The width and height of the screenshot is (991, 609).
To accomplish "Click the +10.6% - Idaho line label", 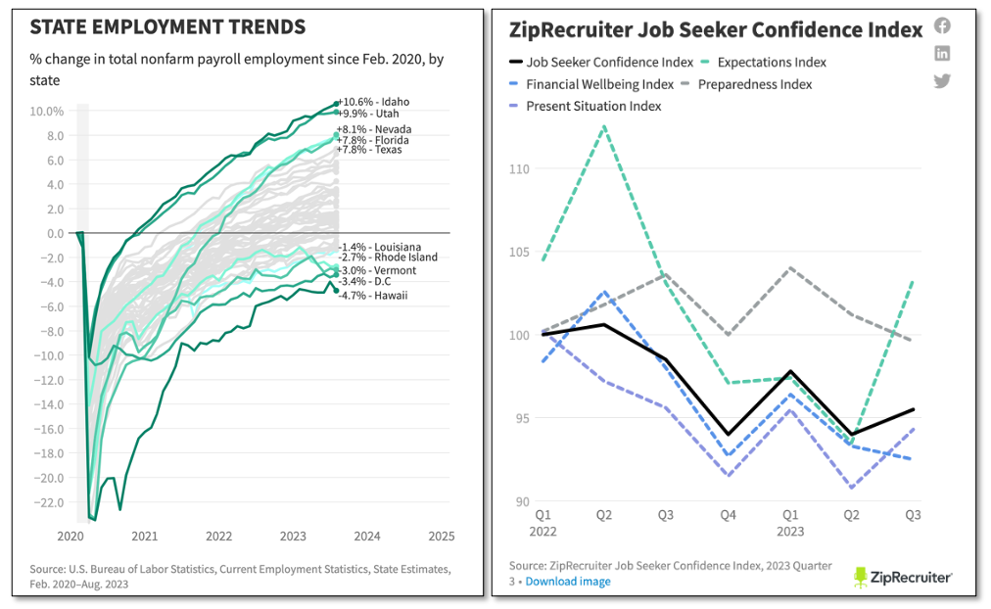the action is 373,102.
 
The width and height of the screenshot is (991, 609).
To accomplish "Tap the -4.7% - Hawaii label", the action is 373,296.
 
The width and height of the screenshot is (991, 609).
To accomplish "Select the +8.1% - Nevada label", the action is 374,129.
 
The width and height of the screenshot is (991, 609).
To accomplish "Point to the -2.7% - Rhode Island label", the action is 388,258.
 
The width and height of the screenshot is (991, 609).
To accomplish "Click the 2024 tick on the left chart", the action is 367,537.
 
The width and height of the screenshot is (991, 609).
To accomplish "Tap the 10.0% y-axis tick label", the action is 47,112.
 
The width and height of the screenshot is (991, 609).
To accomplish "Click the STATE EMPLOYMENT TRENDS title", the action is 168,27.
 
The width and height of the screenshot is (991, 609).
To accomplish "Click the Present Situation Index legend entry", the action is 586,106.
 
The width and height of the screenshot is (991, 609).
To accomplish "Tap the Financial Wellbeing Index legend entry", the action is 591,84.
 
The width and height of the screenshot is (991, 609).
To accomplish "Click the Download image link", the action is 568,582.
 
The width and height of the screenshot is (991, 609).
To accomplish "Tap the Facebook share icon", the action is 942,25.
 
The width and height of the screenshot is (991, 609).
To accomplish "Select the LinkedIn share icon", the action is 942,53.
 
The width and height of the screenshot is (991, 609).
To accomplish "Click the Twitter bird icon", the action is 942,81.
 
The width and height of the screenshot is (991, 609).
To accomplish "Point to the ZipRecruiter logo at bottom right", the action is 903,578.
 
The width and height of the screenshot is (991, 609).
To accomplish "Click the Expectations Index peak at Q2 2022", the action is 605,125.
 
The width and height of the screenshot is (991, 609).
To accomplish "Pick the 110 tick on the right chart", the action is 520,168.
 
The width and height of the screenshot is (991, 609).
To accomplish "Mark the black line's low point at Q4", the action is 729,434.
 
